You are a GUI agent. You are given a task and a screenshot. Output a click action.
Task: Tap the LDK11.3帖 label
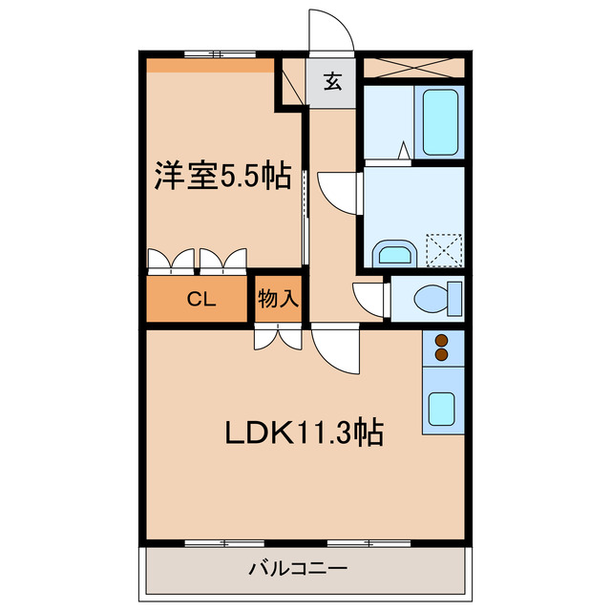[x=304, y=434]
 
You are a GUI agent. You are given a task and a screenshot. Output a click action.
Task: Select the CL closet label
[x=200, y=300]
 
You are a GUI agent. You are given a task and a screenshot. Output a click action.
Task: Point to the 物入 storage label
[x=278, y=300]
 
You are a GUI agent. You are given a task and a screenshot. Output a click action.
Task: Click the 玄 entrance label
[x=331, y=82]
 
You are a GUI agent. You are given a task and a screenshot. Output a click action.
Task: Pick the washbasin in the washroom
[x=392, y=253]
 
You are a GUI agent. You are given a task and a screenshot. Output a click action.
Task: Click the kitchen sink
[x=441, y=410]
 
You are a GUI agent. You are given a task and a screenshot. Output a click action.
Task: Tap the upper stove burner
[x=441, y=339]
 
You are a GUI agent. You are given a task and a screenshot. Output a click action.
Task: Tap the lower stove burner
[x=441, y=355]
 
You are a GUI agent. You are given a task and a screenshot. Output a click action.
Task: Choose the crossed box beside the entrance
[x=411, y=68]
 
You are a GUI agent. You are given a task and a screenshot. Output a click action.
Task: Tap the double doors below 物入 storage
[x=278, y=337]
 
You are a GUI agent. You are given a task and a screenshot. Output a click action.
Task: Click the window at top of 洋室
[x=211, y=53]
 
